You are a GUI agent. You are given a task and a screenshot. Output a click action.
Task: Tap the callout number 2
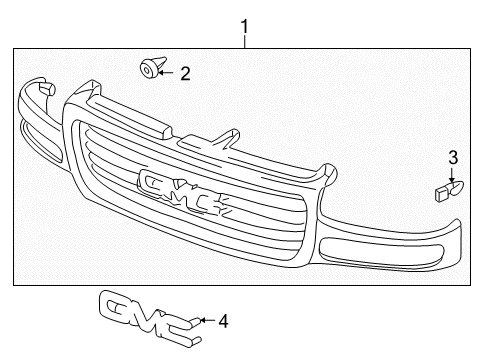(x=185, y=72)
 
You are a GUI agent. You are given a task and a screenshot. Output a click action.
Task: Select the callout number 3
(x=452, y=156)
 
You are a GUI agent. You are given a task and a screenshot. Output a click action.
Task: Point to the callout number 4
(x=223, y=321)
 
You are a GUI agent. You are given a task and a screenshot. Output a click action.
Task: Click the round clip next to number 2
(x=149, y=68)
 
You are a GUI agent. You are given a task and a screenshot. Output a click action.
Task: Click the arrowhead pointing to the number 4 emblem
(x=201, y=321)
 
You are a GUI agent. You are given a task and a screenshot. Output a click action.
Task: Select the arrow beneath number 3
(x=452, y=173)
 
